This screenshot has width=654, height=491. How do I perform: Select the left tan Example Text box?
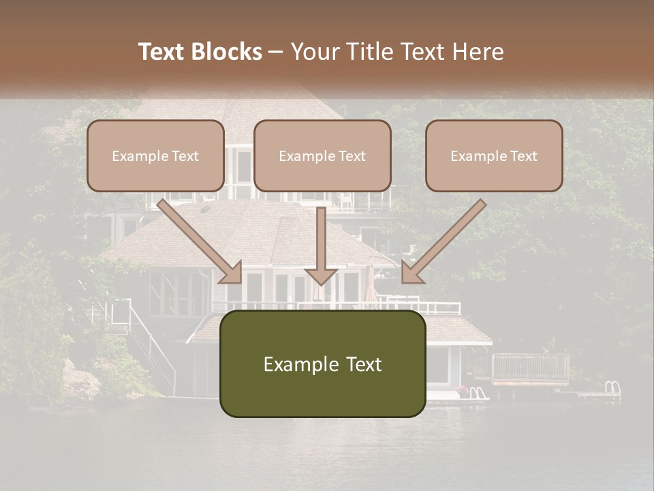(155, 155)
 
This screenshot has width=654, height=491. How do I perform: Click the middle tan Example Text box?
(322, 155)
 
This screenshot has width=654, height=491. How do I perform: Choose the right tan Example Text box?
(494, 155)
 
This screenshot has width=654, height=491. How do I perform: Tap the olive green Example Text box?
(322, 363)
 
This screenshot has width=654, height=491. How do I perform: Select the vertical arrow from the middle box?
(320, 245)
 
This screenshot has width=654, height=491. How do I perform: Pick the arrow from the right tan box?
(443, 241)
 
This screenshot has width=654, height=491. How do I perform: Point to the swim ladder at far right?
(612, 388)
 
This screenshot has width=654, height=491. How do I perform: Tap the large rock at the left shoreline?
(79, 382)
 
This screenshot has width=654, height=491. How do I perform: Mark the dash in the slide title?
(276, 53)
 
